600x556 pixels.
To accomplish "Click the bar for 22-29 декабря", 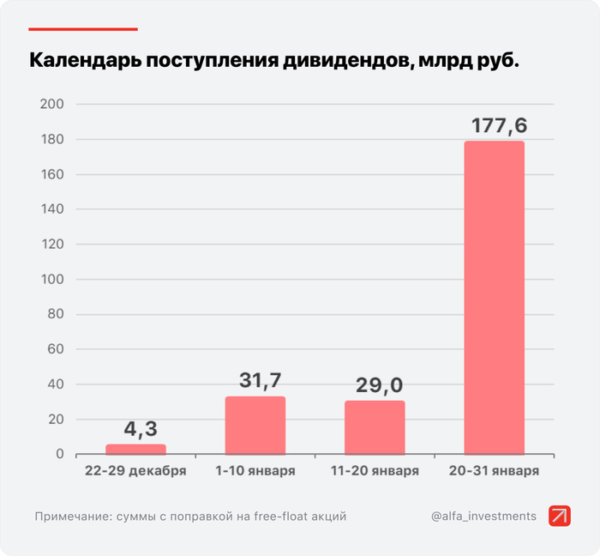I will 135,449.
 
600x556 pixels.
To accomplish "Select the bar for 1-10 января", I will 255,426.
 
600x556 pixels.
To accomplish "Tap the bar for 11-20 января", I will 375,427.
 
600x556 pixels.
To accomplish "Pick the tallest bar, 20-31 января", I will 494,297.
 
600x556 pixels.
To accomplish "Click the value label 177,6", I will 499,125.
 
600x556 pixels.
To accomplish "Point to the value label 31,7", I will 259,379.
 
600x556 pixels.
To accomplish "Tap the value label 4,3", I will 139,428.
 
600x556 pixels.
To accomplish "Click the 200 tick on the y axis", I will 52,105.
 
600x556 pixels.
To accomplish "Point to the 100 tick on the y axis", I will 52,279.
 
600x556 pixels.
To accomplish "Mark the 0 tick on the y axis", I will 60,454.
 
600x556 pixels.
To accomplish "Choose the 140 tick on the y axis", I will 52,209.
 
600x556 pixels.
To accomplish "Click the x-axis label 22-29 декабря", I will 135,471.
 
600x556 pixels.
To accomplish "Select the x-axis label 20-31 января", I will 494,471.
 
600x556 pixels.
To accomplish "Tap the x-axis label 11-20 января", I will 375,471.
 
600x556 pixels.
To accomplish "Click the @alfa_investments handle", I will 484,516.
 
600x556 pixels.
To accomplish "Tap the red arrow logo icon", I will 560,516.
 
